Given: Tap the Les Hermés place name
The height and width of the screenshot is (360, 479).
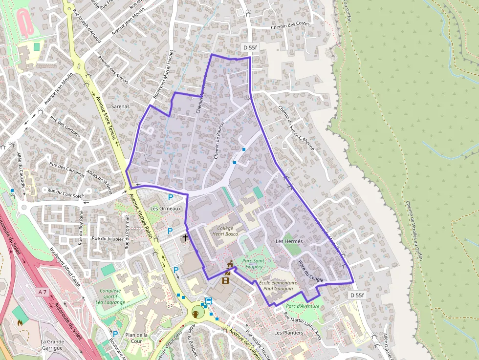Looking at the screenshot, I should point(289,241).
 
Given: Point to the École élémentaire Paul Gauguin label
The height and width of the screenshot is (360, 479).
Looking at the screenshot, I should point(278,286).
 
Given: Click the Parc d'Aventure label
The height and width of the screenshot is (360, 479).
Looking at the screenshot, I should point(303,306).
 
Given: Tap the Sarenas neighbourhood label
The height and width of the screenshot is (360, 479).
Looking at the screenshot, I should point(121,106).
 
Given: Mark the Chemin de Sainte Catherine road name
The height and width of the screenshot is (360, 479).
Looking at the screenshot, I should point(297,127).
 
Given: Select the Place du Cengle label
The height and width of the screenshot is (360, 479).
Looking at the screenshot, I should point(310,270).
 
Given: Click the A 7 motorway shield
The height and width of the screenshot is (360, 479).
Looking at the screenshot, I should point(43,292).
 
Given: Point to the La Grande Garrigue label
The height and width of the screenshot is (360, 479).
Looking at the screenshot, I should point(52,345).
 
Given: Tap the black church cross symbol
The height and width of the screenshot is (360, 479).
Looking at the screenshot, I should point(185,238).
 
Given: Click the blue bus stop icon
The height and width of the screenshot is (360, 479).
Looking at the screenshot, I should point(209,301).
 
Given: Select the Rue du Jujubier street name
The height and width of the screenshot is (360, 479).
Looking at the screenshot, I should point(108,238).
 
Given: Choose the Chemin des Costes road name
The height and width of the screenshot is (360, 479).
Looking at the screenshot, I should point(290,25).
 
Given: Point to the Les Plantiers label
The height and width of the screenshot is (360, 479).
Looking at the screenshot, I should point(288,333).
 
